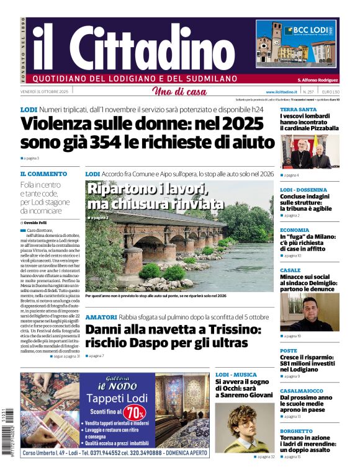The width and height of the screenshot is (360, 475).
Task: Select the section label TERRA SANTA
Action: coord(298,109)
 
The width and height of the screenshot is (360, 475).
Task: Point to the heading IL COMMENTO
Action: coord(43,174)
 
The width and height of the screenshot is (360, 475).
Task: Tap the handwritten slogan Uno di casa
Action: coord(179,92)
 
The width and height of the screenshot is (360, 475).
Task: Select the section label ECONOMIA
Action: coord(294,230)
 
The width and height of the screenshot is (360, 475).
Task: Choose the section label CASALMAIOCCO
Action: coord(302,391)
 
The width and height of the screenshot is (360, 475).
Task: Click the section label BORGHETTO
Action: coord(296,431)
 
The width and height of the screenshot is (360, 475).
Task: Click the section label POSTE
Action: coord(289,350)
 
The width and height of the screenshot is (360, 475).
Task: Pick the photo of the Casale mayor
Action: coord(309,312)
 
